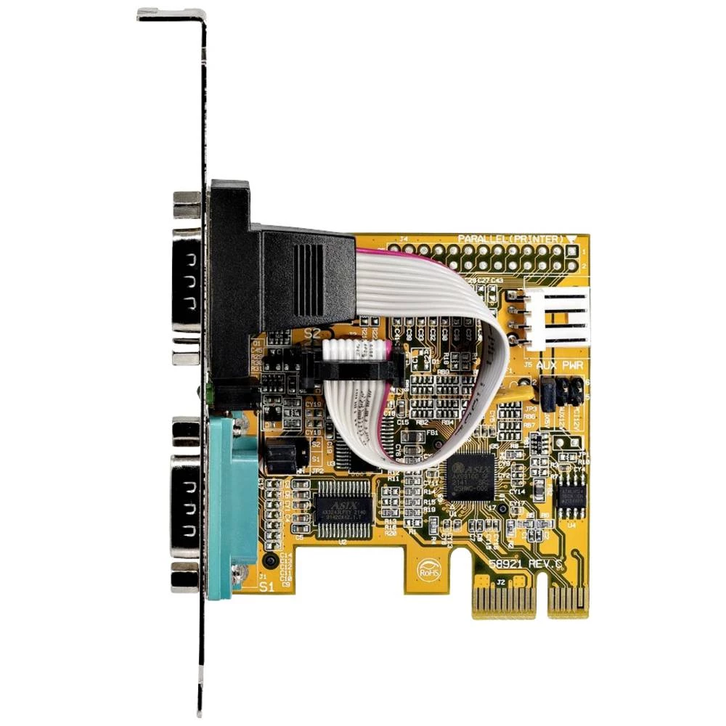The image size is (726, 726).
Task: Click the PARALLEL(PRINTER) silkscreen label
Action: coord(510,239)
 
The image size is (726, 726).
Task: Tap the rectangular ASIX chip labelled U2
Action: coord(344,508)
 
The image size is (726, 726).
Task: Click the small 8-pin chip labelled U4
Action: coord(572,498)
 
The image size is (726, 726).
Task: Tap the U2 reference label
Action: coord(343,542)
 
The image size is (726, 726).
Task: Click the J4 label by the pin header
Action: coord(404,238)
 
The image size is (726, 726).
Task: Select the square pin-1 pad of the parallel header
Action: coord(570,251)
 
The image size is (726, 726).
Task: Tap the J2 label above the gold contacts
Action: coord(501,582)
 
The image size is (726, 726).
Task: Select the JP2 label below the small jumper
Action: coord(317,470)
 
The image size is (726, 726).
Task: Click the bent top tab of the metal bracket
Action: coord(171,15)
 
